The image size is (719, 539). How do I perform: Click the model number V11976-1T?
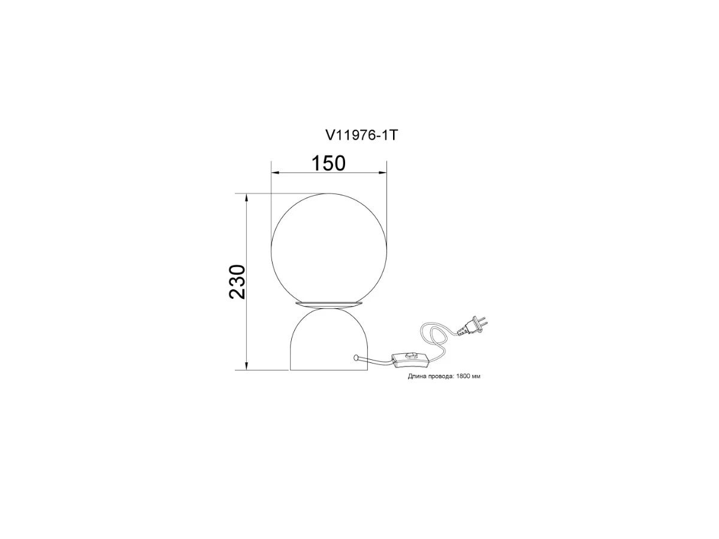tap(361, 135)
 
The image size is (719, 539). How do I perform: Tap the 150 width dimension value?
tap(328, 163)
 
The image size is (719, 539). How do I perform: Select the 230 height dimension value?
tap(237, 281)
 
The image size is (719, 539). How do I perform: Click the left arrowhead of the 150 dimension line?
tap(275, 172)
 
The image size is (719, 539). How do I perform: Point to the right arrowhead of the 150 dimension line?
tap(383, 172)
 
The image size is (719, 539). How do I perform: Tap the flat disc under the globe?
tap(329, 304)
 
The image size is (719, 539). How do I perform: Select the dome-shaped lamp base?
tap(329, 340)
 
